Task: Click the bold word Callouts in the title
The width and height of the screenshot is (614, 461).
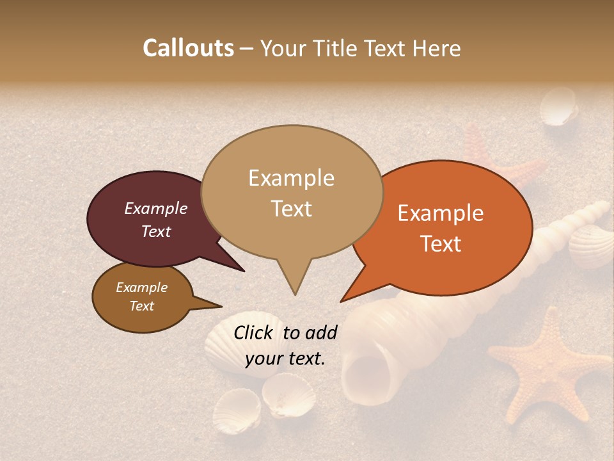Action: click(x=188, y=48)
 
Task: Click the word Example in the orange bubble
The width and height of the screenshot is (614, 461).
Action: click(x=441, y=213)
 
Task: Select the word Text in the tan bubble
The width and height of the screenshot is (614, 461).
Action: click(x=291, y=209)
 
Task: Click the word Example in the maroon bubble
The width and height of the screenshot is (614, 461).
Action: click(x=155, y=208)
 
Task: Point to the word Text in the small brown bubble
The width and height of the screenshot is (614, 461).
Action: click(x=141, y=306)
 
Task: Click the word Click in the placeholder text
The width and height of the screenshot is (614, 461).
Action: click(x=254, y=332)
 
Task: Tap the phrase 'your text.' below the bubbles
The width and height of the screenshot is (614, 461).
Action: click(x=285, y=359)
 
